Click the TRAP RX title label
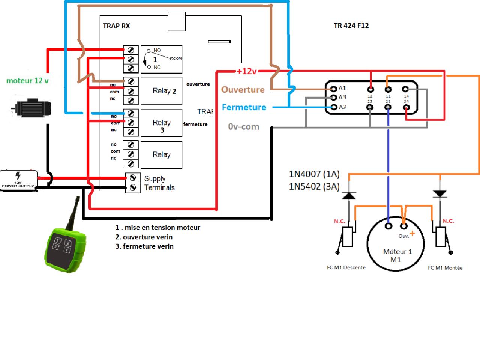point(116,26)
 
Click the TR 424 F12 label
point(351,25)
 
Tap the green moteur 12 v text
point(27,81)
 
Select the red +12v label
point(247,71)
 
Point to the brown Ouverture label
point(243,90)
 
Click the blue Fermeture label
point(244,107)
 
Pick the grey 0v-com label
point(244,127)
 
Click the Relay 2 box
point(162,91)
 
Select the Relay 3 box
point(162,123)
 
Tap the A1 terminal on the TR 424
point(334,89)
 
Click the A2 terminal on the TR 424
point(334,107)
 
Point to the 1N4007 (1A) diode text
point(314,174)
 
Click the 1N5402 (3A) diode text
point(314,186)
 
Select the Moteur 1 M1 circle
point(396,244)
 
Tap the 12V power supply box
point(19,180)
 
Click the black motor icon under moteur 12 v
point(31,108)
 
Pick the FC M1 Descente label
point(346,267)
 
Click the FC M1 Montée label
point(445,268)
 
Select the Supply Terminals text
point(159,183)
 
